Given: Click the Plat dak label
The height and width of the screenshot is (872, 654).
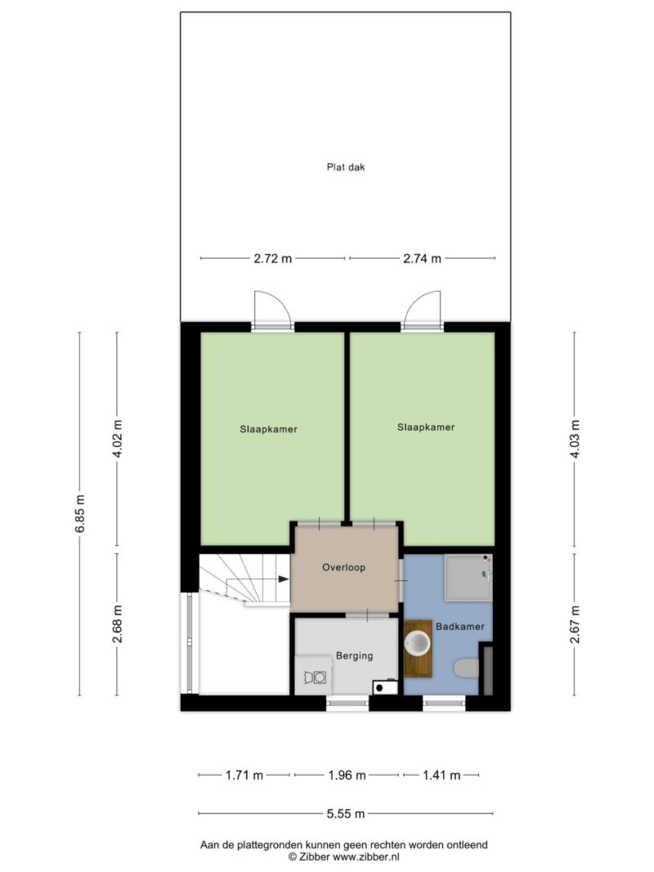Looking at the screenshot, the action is point(345,167).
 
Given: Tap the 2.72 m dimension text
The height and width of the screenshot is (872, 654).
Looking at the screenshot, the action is point(272,258).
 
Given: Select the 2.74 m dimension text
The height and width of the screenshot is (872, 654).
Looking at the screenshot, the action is point(422,258).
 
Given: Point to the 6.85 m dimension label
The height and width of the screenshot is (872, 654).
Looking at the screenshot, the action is point(80,513).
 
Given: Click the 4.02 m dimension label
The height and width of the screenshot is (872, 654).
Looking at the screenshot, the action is point(118,440).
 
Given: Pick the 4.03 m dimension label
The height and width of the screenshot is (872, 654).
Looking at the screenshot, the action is point(575,439).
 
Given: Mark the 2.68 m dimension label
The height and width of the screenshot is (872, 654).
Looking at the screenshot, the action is point(118,624).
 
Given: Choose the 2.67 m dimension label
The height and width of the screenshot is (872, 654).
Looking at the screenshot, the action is point(575,624).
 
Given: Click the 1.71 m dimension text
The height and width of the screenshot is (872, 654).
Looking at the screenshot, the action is point(244,776).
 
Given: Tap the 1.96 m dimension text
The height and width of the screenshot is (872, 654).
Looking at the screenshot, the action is point(347,776).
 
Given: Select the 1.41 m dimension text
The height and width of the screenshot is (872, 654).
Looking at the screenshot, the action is point(441,776).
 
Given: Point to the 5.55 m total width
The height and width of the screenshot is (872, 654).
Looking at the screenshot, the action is point(346,814).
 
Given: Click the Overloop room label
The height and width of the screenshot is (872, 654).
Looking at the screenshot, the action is point(343,568).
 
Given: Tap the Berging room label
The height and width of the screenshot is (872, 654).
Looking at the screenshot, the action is point(354,656).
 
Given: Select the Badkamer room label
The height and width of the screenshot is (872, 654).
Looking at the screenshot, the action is point(460,627).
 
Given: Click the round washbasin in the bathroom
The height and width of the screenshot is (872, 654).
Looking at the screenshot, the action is point(417,645).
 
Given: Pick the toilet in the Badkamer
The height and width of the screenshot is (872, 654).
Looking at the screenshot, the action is point(466,668).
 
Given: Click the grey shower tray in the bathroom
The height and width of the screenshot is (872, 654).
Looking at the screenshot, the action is point(468,578).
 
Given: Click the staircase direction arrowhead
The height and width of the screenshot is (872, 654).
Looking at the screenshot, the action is point(284,579).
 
